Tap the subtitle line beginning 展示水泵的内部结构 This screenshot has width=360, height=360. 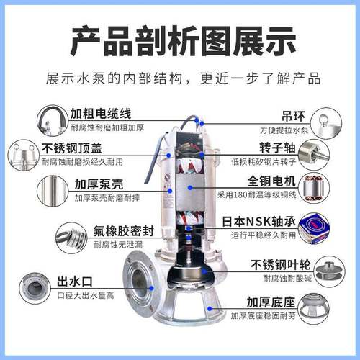pyautogui.click(x=180, y=78)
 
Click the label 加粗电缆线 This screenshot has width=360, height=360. pyautogui.click(x=101, y=114)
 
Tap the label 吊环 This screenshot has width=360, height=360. pyautogui.click(x=272, y=114)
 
